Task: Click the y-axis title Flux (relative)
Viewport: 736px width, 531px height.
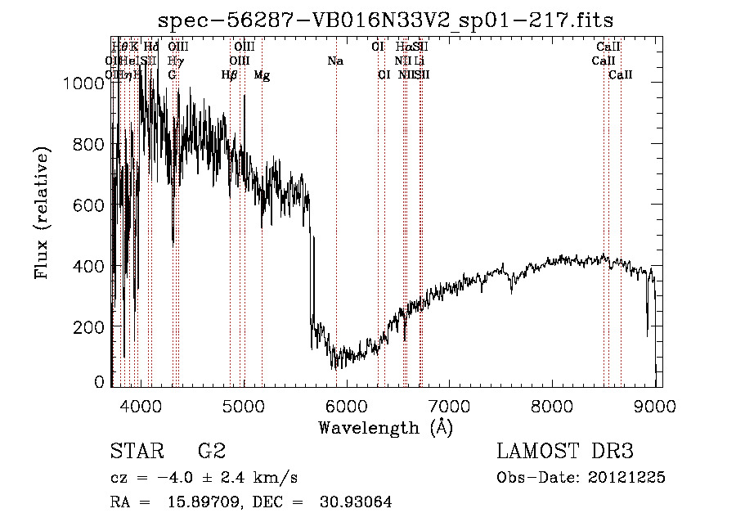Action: [43, 212]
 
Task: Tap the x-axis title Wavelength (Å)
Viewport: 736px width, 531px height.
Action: [385, 426]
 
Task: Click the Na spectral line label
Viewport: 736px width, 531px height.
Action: [335, 61]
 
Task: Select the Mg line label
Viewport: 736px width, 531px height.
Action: [262, 75]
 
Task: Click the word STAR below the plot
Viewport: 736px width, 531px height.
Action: [136, 452]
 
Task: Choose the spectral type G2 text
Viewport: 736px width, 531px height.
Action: [212, 452]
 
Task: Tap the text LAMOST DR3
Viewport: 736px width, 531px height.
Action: [565, 452]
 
